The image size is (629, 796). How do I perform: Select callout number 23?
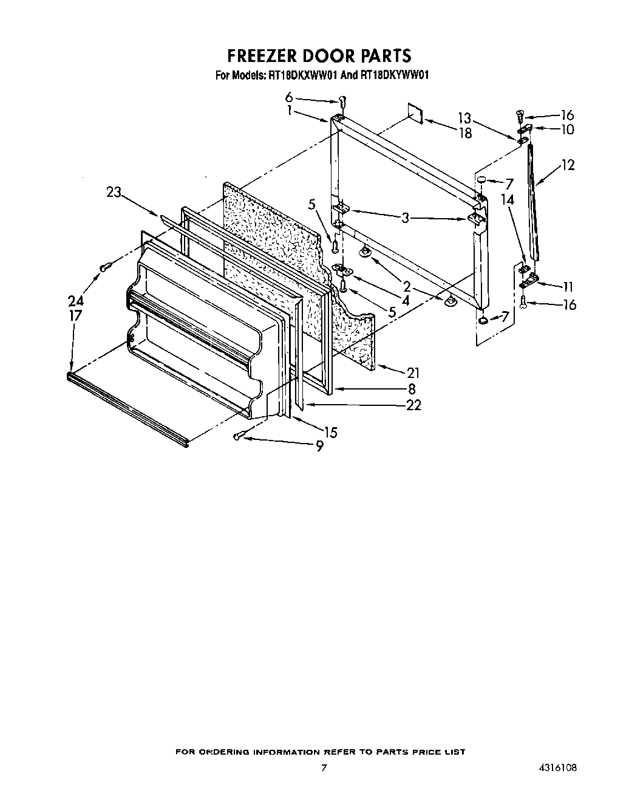(114, 193)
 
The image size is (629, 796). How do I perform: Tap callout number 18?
(465, 133)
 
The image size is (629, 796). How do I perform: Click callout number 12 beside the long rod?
(567, 165)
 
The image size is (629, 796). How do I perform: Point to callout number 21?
(413, 372)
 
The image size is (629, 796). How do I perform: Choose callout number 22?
(413, 405)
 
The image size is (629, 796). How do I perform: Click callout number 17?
(75, 315)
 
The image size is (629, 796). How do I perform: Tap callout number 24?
(75, 301)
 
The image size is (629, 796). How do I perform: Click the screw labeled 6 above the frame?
(342, 101)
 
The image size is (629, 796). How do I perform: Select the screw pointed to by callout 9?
(238, 435)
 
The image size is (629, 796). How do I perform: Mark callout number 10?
(567, 129)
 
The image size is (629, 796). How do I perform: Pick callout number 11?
(567, 287)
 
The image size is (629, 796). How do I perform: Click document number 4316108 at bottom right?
(556, 768)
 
